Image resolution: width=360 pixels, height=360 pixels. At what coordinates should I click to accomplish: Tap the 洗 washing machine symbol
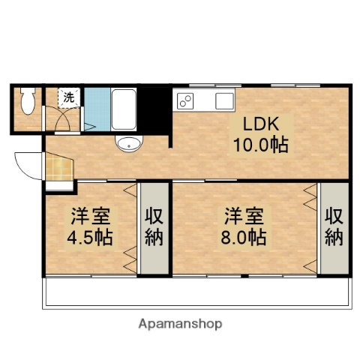(68, 97)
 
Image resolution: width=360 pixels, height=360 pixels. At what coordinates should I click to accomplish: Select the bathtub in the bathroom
(122, 109)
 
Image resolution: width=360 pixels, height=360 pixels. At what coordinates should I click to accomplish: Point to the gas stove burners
(184, 100)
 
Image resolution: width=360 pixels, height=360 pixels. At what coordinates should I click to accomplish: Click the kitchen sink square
(225, 100)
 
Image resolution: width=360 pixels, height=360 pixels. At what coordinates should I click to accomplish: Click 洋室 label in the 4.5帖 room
(91, 218)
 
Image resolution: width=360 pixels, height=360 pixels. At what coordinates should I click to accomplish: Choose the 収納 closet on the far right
(334, 227)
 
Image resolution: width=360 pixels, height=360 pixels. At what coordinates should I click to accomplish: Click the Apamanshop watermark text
(180, 324)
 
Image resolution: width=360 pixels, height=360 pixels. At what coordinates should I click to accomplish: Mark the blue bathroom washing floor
(95, 109)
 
